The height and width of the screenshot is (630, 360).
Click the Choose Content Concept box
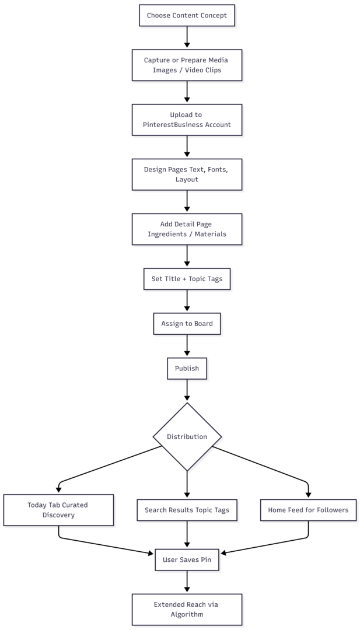pyautogui.click(x=187, y=16)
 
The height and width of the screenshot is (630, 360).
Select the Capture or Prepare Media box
pyautogui.click(x=187, y=65)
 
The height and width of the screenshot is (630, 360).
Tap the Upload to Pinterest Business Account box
pyautogui.click(x=187, y=120)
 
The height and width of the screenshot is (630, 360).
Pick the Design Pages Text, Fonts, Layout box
pyautogui.click(x=187, y=174)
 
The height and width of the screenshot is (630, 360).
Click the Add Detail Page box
pyautogui.click(x=187, y=229)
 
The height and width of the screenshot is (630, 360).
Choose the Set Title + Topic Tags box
pyautogui.click(x=187, y=279)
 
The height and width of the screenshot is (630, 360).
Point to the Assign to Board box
pyautogui.click(x=187, y=324)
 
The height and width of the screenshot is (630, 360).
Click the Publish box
pyautogui.click(x=187, y=369)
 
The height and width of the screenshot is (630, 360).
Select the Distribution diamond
pyautogui.click(x=187, y=437)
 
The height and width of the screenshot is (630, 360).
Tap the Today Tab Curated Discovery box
pyautogui.click(x=59, y=510)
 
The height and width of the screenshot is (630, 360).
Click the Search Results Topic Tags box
pyautogui.click(x=187, y=510)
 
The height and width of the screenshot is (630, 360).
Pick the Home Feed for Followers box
pyautogui.click(x=308, y=510)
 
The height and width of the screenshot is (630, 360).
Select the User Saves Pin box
pyautogui.click(x=187, y=559)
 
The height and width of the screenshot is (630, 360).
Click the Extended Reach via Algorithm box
pyautogui.click(x=187, y=610)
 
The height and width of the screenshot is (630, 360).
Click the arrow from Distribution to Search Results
pyautogui.click(x=187, y=485)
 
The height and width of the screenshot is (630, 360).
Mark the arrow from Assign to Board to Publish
pyautogui.click(x=187, y=346)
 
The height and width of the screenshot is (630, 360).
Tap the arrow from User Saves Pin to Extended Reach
pyautogui.click(x=187, y=582)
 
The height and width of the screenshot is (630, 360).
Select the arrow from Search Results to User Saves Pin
pyautogui.click(x=187, y=535)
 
